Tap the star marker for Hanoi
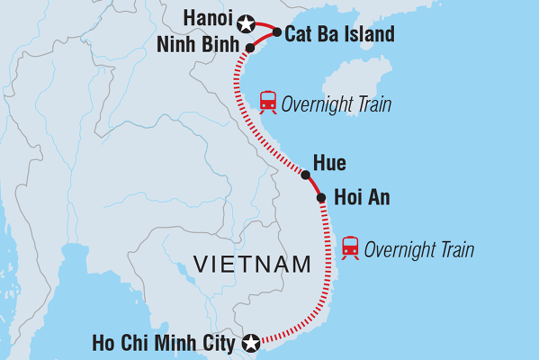[x=246, y=21]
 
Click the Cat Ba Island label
[x=338, y=35]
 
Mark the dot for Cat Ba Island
[x=276, y=33]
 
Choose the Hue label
[x=328, y=163]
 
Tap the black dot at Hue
[x=306, y=175]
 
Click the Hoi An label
[x=361, y=197]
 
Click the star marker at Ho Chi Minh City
[x=251, y=342]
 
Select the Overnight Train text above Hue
[x=336, y=103]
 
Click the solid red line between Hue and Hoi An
[x=314, y=186]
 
